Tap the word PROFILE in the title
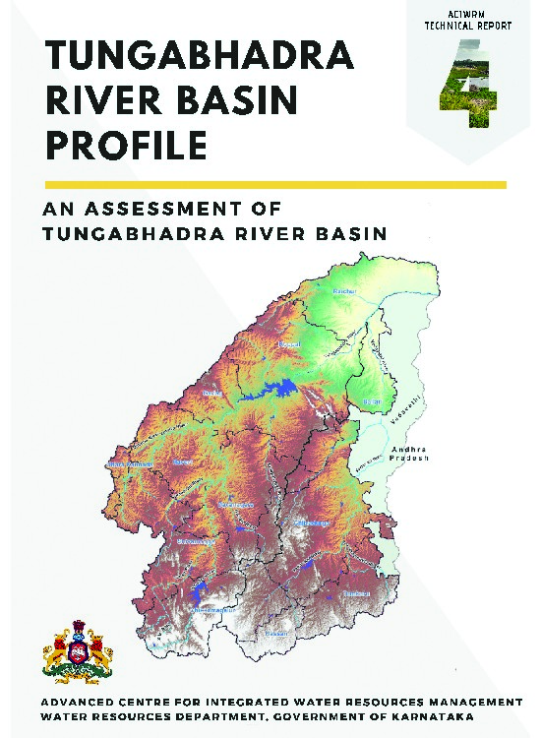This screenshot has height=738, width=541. [127, 146]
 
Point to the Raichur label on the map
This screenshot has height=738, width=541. [342, 292]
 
